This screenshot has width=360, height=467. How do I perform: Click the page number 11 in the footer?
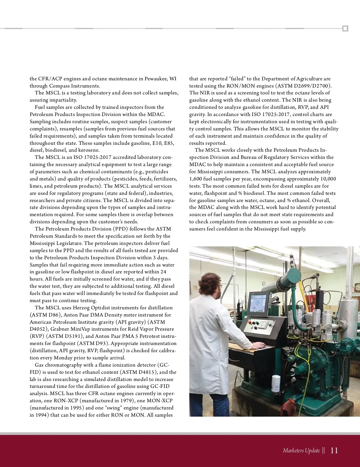coord(334,451)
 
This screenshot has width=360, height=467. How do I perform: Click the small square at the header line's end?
coord(345,29)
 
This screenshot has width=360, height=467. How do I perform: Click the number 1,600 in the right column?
coord(197,179)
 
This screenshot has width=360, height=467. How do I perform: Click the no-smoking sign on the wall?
coord(195,288)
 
